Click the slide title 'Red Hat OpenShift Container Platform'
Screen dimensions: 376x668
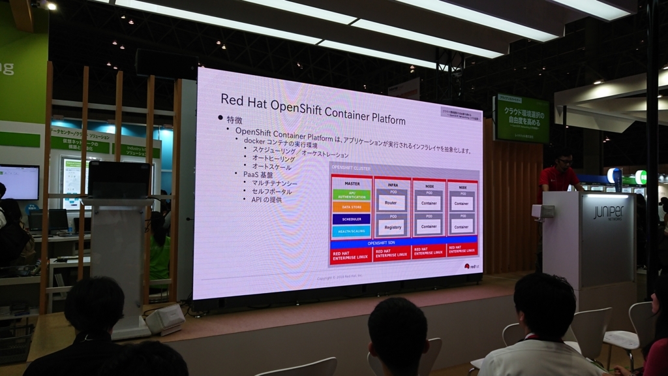312,109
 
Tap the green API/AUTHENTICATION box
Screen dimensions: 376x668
352,195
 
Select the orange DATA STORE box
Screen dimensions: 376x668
352,207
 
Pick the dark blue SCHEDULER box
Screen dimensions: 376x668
352,219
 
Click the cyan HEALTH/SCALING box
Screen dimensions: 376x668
352,231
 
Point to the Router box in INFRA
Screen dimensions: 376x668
391,203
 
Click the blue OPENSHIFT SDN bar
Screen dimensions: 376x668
381,243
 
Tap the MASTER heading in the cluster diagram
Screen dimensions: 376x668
352,183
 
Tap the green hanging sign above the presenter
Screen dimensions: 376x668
522,119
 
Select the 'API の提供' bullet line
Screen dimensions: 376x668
267,200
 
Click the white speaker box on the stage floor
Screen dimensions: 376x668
165,319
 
